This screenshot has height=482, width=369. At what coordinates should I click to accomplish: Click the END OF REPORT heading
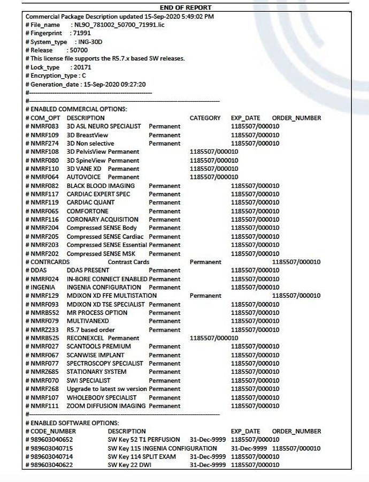click(x=186, y=7)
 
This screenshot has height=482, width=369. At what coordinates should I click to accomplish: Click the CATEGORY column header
click(x=205, y=118)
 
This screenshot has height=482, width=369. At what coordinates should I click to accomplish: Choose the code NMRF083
click(x=44, y=126)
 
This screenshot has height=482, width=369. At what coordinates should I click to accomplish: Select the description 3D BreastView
click(x=87, y=135)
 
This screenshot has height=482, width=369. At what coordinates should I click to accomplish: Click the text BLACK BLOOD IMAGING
click(x=101, y=186)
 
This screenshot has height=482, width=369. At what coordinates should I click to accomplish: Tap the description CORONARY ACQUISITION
click(x=102, y=220)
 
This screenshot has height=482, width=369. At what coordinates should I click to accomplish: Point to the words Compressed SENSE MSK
click(x=101, y=253)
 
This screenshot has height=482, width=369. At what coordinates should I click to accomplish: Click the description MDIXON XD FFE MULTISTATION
click(x=112, y=296)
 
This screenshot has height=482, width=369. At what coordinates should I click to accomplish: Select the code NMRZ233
click(x=44, y=330)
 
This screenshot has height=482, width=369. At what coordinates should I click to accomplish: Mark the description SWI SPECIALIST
click(x=88, y=381)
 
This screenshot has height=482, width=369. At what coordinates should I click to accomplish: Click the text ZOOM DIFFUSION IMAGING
click(x=106, y=406)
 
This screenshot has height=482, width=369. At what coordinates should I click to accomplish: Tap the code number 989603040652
click(x=51, y=440)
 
